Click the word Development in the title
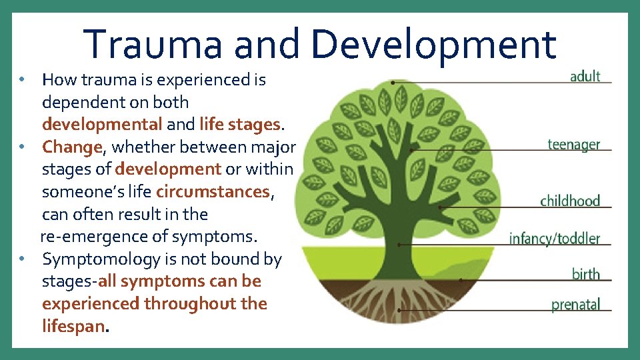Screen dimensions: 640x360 pyautogui.click(x=433, y=43)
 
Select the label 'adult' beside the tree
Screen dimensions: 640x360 pyautogui.click(x=585, y=76)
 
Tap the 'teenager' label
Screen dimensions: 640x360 pyautogui.click(x=573, y=144)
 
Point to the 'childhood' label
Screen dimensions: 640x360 pyautogui.click(x=570, y=201)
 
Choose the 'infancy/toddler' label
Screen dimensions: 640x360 pyautogui.click(x=554, y=238)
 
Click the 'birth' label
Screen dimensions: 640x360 pyautogui.click(x=586, y=274)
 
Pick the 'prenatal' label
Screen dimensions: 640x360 pyautogui.click(x=575, y=305)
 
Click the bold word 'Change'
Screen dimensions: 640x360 pyautogui.click(x=71, y=147)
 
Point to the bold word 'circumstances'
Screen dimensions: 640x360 pyautogui.click(x=213, y=192)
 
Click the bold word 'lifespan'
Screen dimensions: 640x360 pyautogui.click(x=73, y=327)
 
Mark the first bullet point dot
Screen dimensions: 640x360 pyautogui.click(x=22, y=80)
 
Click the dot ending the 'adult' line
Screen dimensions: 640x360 pyautogui.click(x=394, y=83)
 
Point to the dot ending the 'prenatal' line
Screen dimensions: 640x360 pyautogui.click(x=399, y=310)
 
